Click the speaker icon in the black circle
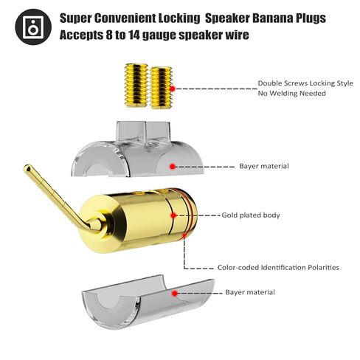(33, 27)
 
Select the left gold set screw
(136, 85)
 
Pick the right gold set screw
(161, 87)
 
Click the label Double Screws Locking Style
(305, 83)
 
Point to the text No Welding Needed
(291, 93)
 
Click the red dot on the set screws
(173, 89)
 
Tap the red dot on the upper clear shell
(173, 167)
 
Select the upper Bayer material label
(264, 166)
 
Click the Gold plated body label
(251, 215)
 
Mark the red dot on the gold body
(173, 215)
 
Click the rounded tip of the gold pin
(27, 168)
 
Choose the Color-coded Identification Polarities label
(278, 267)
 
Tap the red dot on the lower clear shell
(175, 293)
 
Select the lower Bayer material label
(250, 292)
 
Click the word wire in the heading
(237, 35)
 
